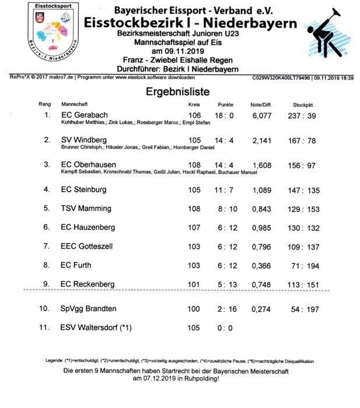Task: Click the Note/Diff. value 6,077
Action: click(x=261, y=115)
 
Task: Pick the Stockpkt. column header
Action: click(x=304, y=104)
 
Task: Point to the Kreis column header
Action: click(x=194, y=104)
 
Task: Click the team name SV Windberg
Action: click(x=84, y=140)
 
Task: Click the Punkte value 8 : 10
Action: click(x=225, y=208)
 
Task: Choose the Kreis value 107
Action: click(x=195, y=227)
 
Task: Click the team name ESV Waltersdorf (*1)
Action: click(x=96, y=328)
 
